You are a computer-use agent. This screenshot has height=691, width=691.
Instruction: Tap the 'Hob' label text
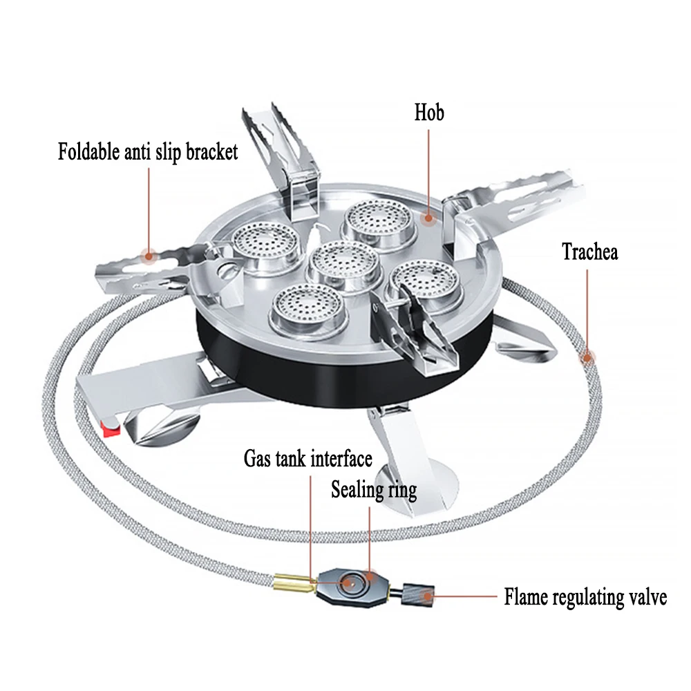[429, 112]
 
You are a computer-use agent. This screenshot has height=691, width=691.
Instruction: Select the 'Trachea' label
[589, 251]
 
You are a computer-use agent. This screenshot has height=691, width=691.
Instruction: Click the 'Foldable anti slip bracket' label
[147, 151]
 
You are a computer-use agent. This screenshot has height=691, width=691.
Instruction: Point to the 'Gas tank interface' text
[307, 458]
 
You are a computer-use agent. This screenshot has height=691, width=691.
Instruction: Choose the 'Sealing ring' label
[373, 491]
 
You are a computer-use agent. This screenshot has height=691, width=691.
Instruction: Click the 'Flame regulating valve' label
[585, 596]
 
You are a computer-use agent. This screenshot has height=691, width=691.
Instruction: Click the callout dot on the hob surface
[429, 218]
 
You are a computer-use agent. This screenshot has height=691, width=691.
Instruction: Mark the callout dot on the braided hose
[587, 357]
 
